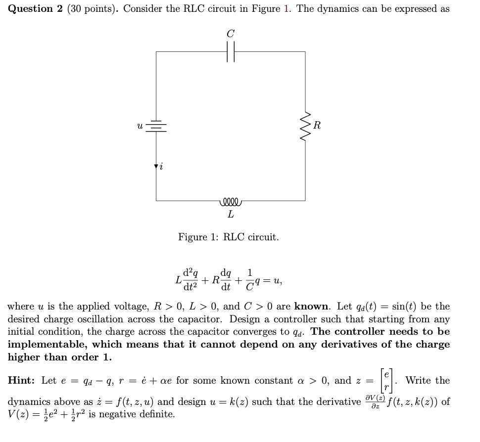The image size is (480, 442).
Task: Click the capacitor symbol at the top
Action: coord(231,51)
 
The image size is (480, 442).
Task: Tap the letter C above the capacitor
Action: coord(231,34)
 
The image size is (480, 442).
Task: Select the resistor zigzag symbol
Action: coord(305,126)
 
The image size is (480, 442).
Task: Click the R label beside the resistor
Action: coord(317,126)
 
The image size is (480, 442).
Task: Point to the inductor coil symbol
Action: coord(230,201)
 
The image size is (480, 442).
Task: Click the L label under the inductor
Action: coord(231,215)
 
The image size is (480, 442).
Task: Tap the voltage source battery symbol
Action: coord(156,126)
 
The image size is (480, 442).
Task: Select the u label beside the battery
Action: coord(140,126)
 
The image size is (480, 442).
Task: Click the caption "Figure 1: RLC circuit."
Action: coord(229,237)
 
